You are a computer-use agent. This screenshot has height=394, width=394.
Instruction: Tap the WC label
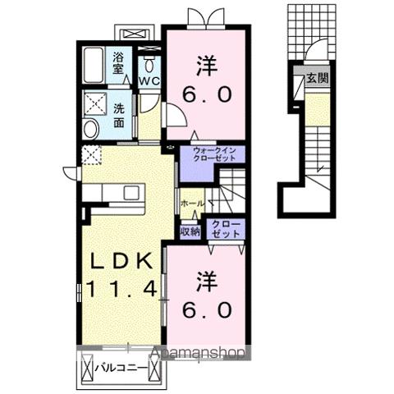148,81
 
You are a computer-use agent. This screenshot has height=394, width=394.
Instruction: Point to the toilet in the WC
149,63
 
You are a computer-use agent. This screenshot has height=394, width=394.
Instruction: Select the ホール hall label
191,201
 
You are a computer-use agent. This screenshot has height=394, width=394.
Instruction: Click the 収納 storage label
190,232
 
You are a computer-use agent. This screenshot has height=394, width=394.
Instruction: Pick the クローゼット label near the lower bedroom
227,229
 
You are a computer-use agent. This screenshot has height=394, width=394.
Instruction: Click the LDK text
121,260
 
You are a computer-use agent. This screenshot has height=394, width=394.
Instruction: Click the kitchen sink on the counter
131,193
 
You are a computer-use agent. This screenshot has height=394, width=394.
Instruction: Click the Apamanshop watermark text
200,355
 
